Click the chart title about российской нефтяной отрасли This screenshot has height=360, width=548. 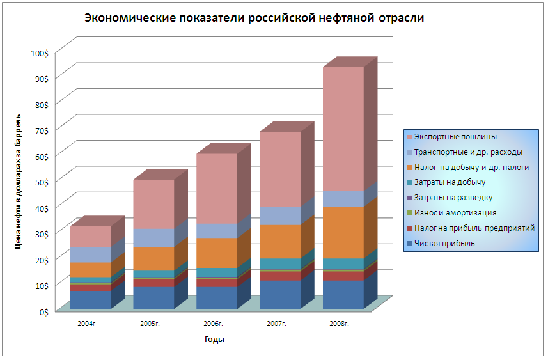point(254,18)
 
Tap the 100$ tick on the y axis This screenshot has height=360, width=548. point(40,54)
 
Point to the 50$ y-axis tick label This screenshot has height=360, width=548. point(42,182)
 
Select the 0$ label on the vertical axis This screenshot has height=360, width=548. point(43,312)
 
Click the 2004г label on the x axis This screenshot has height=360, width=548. point(87,324)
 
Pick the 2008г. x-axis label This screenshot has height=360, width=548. point(340,324)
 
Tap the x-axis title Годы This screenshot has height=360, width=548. point(214,340)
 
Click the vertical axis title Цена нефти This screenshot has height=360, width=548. point(18,182)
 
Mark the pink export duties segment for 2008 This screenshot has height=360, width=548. point(343,129)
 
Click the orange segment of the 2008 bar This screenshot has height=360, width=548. point(343,232)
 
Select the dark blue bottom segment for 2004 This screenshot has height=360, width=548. point(91,299)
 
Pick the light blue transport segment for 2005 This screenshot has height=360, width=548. point(153,238)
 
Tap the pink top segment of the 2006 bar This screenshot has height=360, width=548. point(217,189)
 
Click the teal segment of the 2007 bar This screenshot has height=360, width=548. point(280,264)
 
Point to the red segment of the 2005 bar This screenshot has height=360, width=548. point(153,283)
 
